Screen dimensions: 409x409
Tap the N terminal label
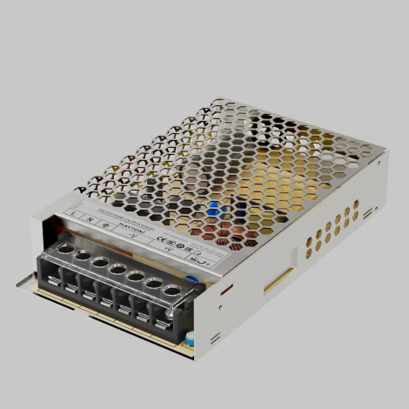pos(91,218)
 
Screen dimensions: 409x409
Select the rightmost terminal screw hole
pos(172,290)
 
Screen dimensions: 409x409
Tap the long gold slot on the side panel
pos(278,278)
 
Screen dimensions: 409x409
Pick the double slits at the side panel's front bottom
pos(213,339)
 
